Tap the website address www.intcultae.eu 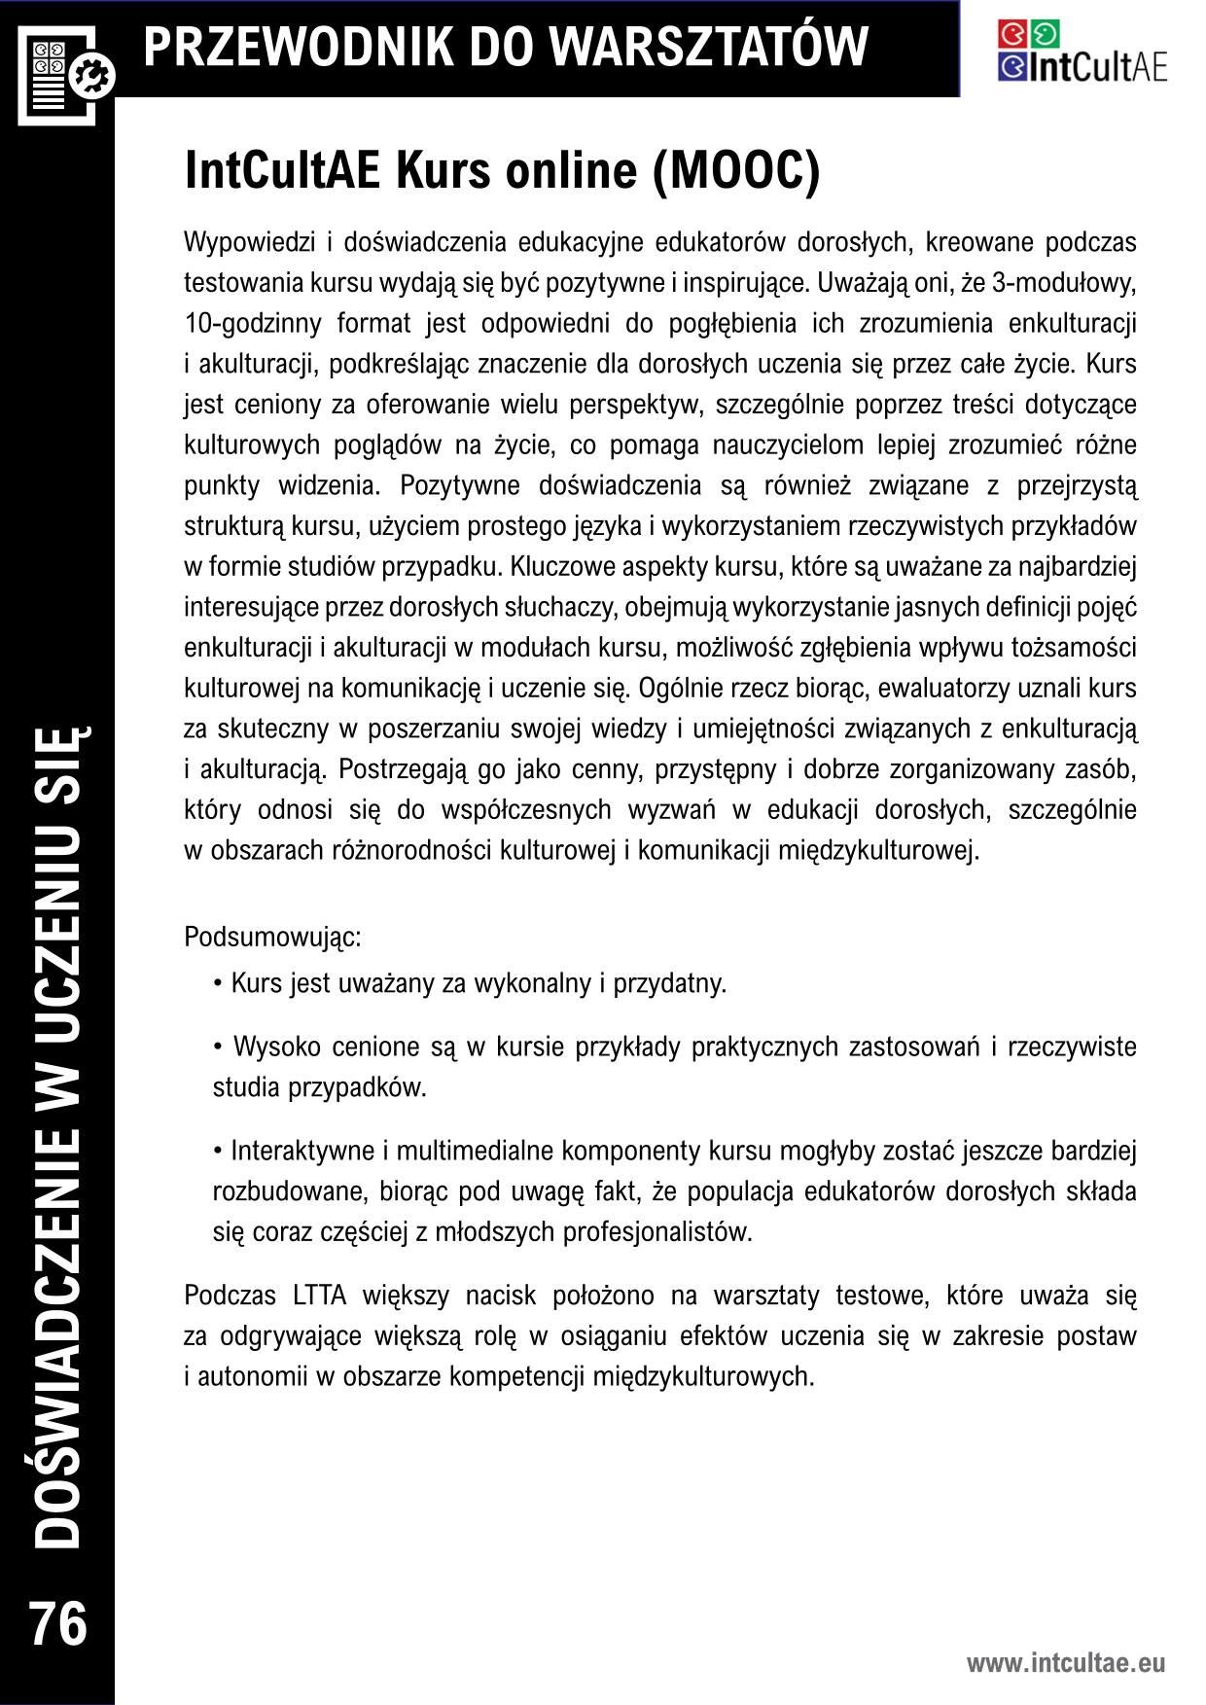pos(1065,1662)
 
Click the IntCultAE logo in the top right pos(1082,51)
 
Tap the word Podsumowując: pos(272,938)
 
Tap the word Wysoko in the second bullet pos(276,1047)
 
